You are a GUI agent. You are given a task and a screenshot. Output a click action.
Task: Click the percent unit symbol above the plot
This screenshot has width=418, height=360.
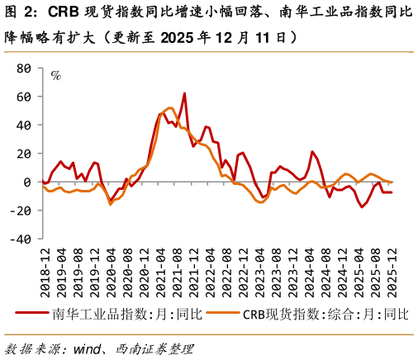tap(56, 76)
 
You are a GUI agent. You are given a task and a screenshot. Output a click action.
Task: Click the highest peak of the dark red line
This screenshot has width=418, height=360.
tap(183, 93)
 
